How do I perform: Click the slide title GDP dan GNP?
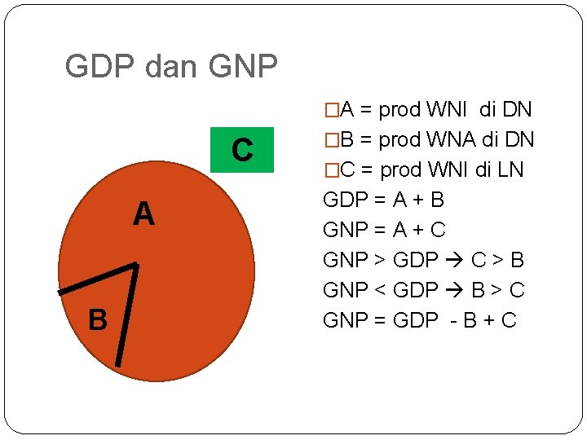[x=171, y=67]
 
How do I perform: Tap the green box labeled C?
[x=241, y=150]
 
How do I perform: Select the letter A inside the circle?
[x=143, y=214]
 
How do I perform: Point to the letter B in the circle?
[x=98, y=320]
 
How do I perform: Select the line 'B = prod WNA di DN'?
[x=429, y=139]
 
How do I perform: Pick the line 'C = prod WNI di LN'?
[x=424, y=169]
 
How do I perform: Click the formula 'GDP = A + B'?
[x=384, y=200]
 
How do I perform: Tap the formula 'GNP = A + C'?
[x=385, y=230]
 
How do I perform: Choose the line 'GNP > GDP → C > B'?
[x=424, y=260]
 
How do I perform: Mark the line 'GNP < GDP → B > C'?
[x=424, y=290]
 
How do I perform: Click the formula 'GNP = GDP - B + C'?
[x=420, y=320]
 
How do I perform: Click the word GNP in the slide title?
[x=243, y=67]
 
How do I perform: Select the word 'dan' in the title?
[x=172, y=67]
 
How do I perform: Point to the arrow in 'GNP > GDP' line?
[x=453, y=261]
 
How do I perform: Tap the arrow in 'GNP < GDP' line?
[x=453, y=291]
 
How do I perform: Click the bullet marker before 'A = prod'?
[x=330, y=109]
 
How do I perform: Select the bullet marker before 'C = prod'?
[x=330, y=169]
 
